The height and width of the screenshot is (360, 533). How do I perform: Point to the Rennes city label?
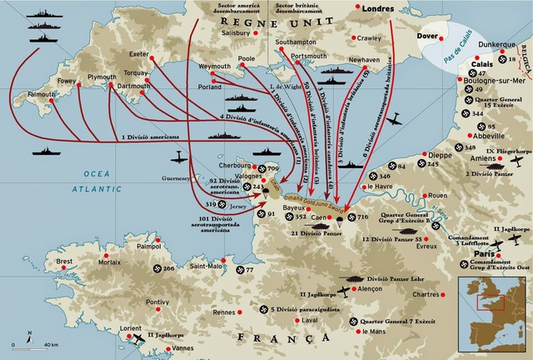coord(223,312)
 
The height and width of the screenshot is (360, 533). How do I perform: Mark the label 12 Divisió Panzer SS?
coord(394,239)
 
